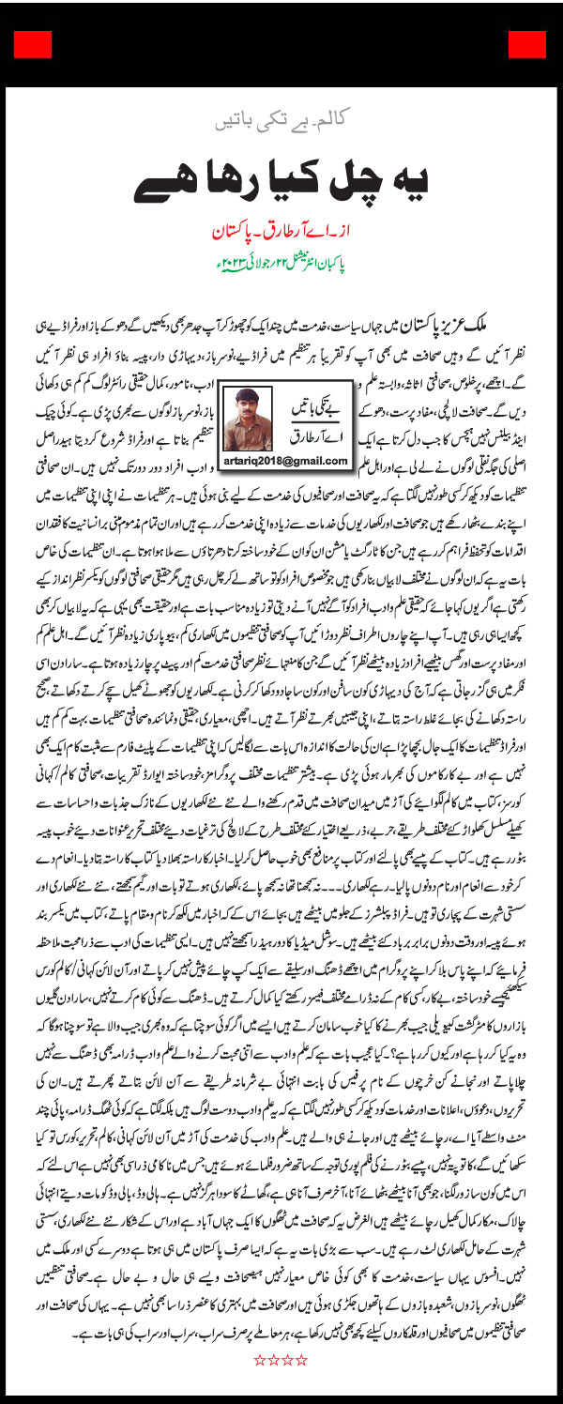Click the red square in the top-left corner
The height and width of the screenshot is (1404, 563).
pyautogui.click(x=31, y=44)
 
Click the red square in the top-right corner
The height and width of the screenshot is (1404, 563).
pyautogui.click(x=531, y=44)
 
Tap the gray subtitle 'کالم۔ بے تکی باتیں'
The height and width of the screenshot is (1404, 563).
pyautogui.click(x=281, y=121)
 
